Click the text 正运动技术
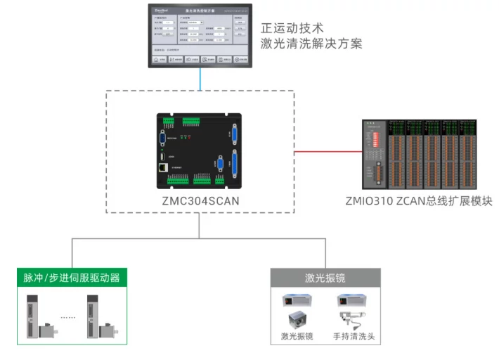click(292, 29)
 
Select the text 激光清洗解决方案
click(311, 44)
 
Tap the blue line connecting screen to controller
click(200, 79)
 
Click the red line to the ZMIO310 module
click(327, 150)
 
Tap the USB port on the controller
click(162, 155)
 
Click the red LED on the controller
click(189, 139)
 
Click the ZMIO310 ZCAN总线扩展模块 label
click(419, 201)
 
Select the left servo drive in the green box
click(35, 314)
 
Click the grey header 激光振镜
click(325, 277)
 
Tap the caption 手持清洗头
click(354, 336)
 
